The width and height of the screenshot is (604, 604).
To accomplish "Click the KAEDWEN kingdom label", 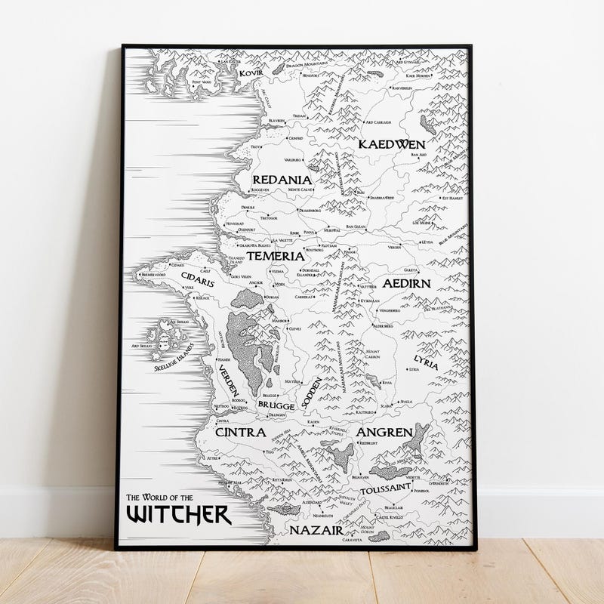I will (x=392, y=143).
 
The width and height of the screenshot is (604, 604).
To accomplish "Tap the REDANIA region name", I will (x=281, y=180).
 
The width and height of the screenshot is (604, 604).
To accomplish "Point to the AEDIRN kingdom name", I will (x=406, y=284).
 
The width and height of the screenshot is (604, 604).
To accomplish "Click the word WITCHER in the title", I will (x=178, y=515).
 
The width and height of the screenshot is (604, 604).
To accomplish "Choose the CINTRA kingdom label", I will (x=240, y=433).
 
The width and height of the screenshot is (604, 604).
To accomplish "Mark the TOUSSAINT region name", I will (x=385, y=489).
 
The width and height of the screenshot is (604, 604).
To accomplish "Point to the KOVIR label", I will (x=251, y=73).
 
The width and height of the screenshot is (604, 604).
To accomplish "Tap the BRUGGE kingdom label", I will (x=276, y=405).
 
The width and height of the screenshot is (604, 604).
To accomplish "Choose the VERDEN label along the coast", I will (x=230, y=382).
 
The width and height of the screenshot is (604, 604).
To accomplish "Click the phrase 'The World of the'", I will (x=159, y=498).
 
